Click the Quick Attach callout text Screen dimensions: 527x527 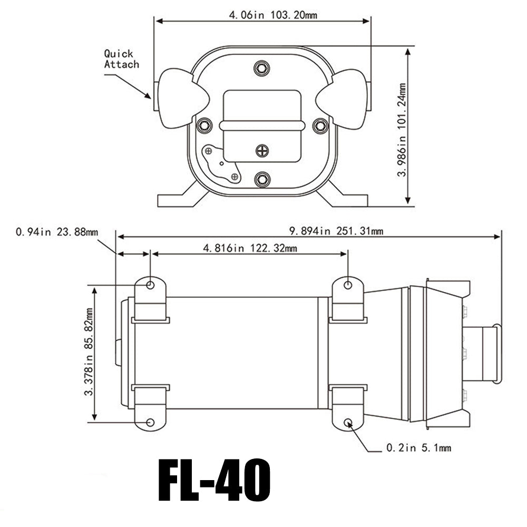pyautogui.click(x=121, y=59)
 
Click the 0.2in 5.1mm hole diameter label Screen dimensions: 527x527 pyautogui.click(x=418, y=448)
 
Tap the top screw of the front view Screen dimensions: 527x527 pyautogui.click(x=261, y=67)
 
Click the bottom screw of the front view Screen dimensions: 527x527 pyautogui.click(x=261, y=179)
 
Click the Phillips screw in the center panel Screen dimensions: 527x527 pyautogui.click(x=262, y=151)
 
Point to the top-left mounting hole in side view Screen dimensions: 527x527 pyautogui.click(x=150, y=285)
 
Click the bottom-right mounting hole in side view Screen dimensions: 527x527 pyautogui.click(x=348, y=423)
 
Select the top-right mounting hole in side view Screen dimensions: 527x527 pyautogui.click(x=348, y=285)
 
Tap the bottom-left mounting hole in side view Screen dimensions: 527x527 pyautogui.click(x=150, y=423)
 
